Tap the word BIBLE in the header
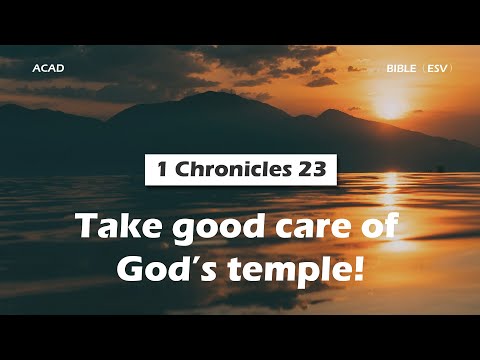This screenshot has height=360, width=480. pyautogui.click(x=402, y=68)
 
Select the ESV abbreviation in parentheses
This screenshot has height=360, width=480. pyautogui.click(x=436, y=68)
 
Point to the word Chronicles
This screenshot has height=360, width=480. pyautogui.click(x=227, y=169)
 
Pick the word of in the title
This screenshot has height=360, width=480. pyautogui.click(x=373, y=229)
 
